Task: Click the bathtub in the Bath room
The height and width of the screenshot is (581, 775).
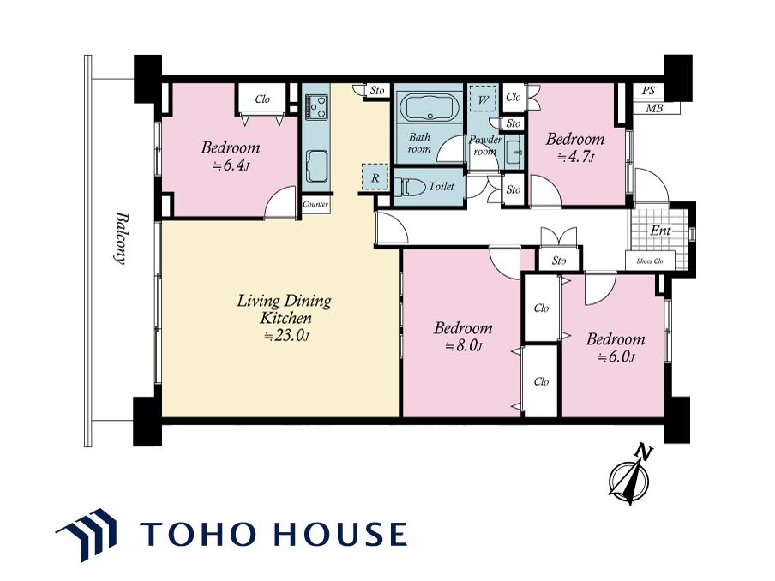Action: point(430,106)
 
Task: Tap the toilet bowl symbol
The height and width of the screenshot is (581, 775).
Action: point(411,187)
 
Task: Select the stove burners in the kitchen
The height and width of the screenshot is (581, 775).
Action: point(316,107)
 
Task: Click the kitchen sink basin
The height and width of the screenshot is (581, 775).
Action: point(316,165)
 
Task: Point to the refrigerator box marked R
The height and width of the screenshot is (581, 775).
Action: point(375,177)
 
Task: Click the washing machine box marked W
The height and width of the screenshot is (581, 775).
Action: point(484,99)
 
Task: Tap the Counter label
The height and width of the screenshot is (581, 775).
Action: point(315,204)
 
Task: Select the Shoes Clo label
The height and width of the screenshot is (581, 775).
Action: point(650,261)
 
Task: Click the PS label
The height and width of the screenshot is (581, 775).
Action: point(648,91)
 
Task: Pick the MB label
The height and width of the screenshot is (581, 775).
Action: point(654,108)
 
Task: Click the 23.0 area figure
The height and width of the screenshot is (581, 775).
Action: point(286,336)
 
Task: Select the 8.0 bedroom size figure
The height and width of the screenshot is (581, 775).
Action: point(464,346)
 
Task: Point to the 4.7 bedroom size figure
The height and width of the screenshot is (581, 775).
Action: point(576,157)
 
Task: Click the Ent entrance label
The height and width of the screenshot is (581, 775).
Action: point(660,231)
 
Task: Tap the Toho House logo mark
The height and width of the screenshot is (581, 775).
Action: point(87,535)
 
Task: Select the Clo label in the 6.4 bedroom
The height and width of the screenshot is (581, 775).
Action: point(262,99)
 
